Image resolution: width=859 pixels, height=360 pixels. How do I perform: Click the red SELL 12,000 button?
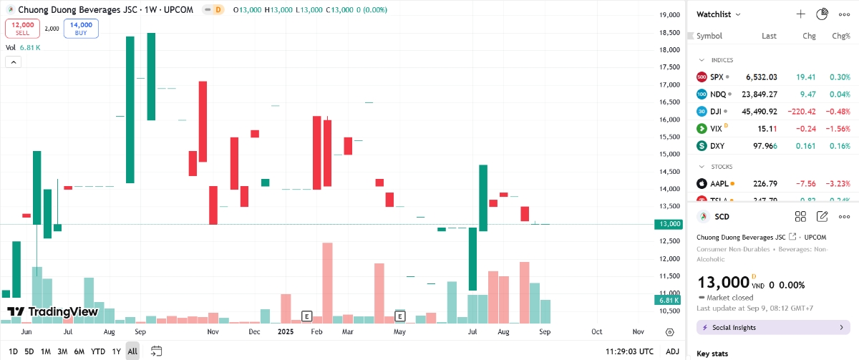(x=22, y=28)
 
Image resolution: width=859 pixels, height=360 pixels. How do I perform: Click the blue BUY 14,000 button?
(x=81, y=28)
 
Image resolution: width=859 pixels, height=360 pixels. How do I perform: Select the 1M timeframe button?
(x=45, y=351)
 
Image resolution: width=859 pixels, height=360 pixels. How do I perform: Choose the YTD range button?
(x=98, y=351)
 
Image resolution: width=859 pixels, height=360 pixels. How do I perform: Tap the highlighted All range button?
(x=132, y=351)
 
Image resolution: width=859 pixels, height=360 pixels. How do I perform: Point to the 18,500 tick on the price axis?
(x=669, y=32)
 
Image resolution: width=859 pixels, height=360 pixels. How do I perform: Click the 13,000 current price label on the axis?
(x=669, y=224)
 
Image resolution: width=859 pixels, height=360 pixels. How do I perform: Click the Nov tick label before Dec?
(x=213, y=333)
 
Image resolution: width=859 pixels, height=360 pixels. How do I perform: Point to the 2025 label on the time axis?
(x=286, y=333)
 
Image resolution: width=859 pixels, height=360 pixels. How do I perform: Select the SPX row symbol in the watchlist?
(x=717, y=77)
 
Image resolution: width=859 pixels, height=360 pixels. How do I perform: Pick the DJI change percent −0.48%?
(x=838, y=111)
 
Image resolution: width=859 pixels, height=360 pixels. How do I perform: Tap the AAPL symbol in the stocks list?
(x=719, y=183)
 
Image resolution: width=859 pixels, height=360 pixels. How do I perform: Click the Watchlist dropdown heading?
(x=719, y=14)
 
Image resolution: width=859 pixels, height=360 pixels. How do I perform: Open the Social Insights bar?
(x=773, y=327)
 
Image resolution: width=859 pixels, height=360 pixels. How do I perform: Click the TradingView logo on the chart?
(x=52, y=312)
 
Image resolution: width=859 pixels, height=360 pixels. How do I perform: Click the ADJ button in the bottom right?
(x=672, y=351)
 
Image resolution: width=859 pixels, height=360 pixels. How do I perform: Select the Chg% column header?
(x=840, y=36)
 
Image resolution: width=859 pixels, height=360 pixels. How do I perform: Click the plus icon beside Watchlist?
(x=801, y=14)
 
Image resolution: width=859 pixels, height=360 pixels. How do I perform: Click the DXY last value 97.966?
(x=762, y=146)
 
